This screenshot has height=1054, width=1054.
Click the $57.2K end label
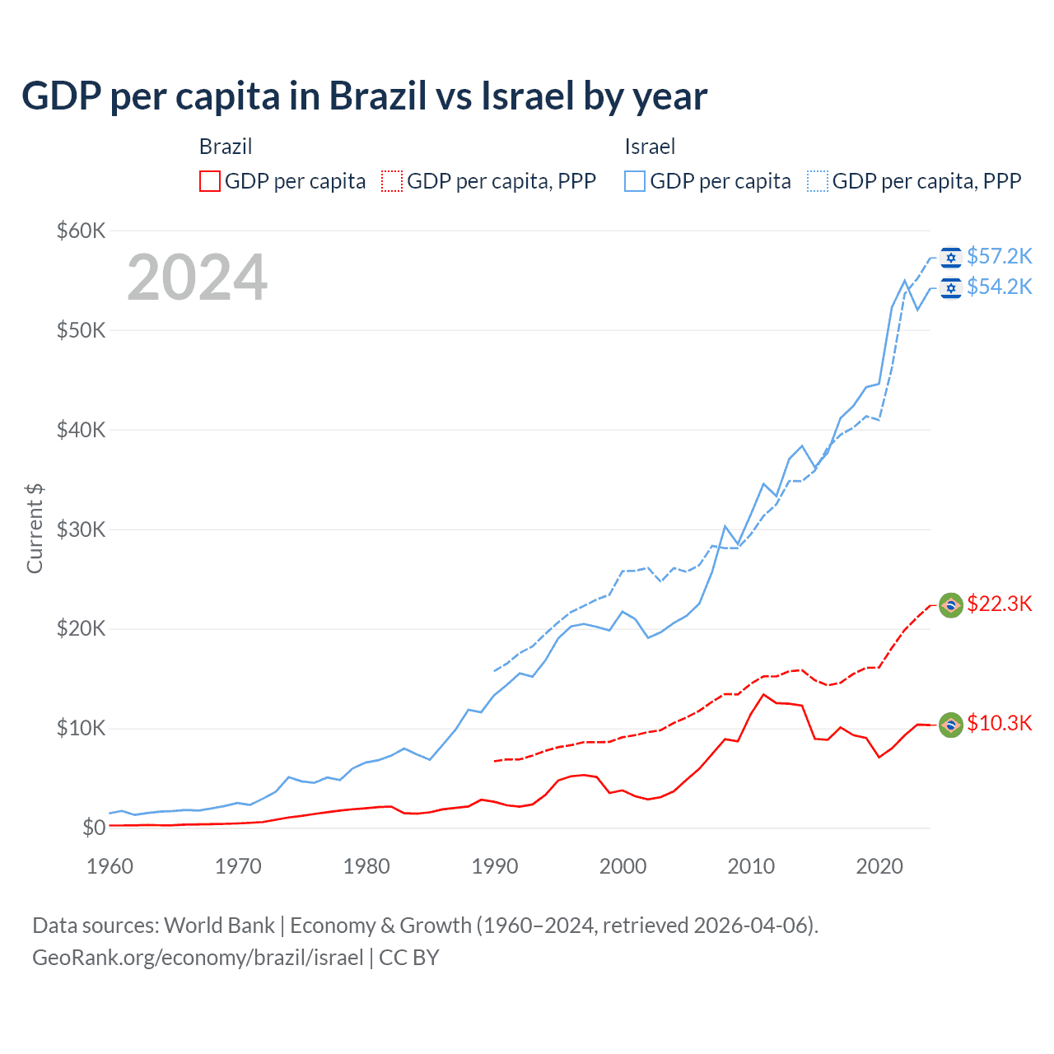(x=999, y=257)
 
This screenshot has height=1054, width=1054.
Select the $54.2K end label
(x=999, y=287)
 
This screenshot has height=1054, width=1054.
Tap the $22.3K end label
(x=999, y=604)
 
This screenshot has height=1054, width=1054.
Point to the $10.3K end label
(x=999, y=724)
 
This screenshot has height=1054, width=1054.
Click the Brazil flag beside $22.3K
(x=951, y=605)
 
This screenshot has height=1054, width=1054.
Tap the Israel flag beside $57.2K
(x=951, y=258)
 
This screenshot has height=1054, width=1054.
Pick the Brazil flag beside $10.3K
(x=951, y=725)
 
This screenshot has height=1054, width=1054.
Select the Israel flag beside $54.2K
(x=951, y=287)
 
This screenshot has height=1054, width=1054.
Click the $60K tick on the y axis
(x=81, y=231)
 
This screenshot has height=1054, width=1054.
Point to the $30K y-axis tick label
(x=81, y=529)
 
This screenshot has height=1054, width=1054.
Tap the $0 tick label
(x=94, y=828)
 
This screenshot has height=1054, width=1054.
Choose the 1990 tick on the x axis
(x=495, y=866)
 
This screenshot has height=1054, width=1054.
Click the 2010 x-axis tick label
(x=751, y=866)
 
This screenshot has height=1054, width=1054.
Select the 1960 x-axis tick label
(x=110, y=866)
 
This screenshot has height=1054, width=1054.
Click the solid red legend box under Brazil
(x=210, y=181)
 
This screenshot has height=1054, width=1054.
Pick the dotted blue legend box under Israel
(x=818, y=181)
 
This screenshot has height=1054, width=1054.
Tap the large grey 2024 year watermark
(x=198, y=277)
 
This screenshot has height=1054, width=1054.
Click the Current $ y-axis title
(x=35, y=529)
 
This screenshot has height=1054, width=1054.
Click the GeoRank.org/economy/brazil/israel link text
(x=198, y=958)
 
